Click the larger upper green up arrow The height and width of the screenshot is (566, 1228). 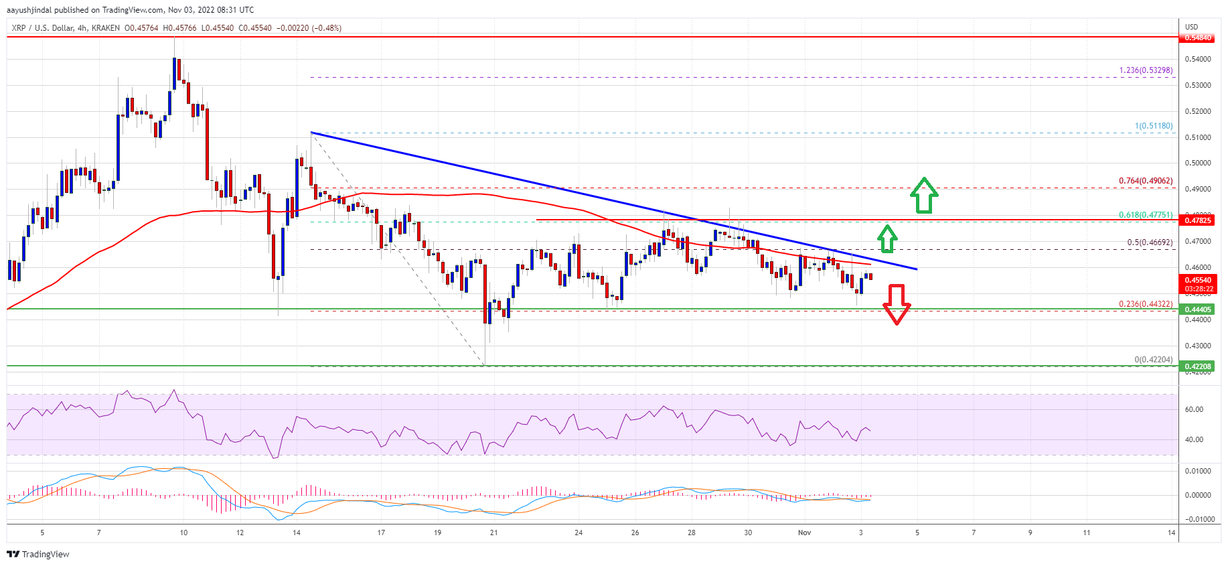point(924,195)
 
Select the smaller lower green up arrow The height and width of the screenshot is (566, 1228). point(887,238)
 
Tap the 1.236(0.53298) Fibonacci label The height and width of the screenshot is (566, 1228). point(1146,70)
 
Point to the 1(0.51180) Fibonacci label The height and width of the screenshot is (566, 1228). point(1153,126)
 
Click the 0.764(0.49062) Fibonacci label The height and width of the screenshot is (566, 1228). point(1146,181)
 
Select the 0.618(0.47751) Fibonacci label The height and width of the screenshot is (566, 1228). point(1146,215)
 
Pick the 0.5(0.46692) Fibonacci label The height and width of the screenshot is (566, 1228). point(1150,242)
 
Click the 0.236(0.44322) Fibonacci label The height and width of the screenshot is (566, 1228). point(1146,304)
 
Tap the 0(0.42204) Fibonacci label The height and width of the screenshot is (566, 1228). point(1153,360)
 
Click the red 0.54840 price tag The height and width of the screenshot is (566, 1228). point(1198,38)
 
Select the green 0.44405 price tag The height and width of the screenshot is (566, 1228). point(1198,309)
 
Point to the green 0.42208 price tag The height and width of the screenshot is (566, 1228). point(1198,366)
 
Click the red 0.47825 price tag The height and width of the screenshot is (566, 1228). point(1198,220)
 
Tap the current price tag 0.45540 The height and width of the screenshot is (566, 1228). point(1198,281)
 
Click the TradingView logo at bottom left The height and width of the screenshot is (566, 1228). point(38,554)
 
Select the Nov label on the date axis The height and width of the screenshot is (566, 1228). point(804,533)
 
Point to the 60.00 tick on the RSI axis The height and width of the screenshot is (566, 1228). point(1194,409)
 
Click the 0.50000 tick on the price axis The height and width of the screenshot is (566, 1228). point(1198,163)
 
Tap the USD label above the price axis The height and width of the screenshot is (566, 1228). point(1191,27)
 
